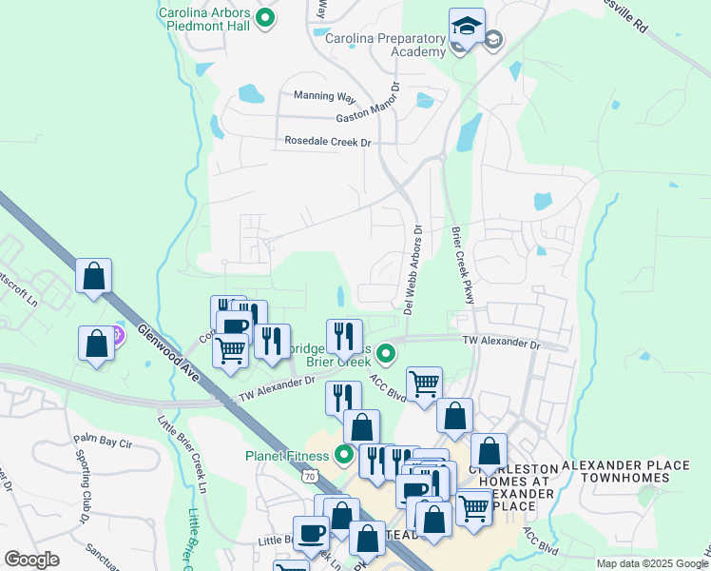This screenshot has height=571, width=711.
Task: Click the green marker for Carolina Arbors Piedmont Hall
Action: click(x=265, y=17)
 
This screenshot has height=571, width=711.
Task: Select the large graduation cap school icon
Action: click(x=467, y=29)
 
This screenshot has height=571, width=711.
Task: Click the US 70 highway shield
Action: click(x=309, y=472)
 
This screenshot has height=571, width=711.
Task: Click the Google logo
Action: click(x=31, y=560)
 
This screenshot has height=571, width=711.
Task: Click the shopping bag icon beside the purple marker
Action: click(x=97, y=345)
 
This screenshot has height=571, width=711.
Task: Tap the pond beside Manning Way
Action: click(x=251, y=93)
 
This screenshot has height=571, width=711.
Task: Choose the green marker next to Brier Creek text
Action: click(x=386, y=354)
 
